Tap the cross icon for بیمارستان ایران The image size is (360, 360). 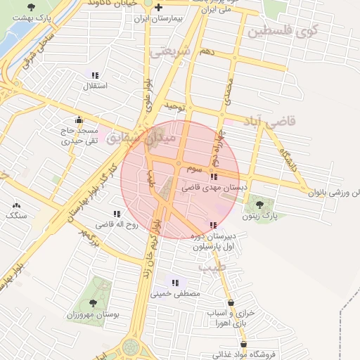[x=167, y=8]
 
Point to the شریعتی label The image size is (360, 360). [x=171, y=51]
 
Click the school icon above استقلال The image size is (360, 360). [x=95, y=75]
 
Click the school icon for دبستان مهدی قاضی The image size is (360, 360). [x=213, y=176]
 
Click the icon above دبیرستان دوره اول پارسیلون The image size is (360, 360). [x=213, y=225]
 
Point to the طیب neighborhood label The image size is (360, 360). [x=210, y=267]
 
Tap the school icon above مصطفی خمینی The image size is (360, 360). [x=175, y=283]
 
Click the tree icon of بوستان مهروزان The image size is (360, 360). [x=93, y=303]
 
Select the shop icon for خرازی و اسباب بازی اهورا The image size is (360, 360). [x=231, y=302]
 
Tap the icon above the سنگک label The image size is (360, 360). [x=16, y=205]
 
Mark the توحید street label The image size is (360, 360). [x=174, y=106]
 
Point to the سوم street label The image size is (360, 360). [x=194, y=169]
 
